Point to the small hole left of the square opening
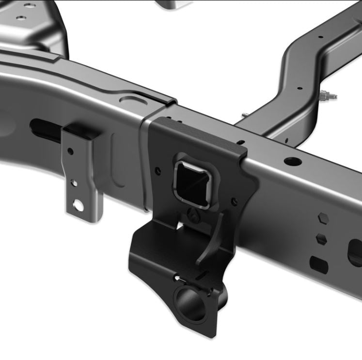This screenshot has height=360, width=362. pos(157,171)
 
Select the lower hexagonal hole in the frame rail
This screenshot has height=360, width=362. pos(320,239)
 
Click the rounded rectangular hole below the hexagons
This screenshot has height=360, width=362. pos(318,264)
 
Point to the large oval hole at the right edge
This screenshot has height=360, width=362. pos(355,252)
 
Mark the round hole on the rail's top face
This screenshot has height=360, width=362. pos(292,161)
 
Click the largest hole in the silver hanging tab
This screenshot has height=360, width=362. pos(78,205)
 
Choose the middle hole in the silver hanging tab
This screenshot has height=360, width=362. pos(73,183)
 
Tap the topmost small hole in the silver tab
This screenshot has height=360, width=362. pos(70,151)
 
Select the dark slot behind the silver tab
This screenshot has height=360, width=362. pos(46,130)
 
